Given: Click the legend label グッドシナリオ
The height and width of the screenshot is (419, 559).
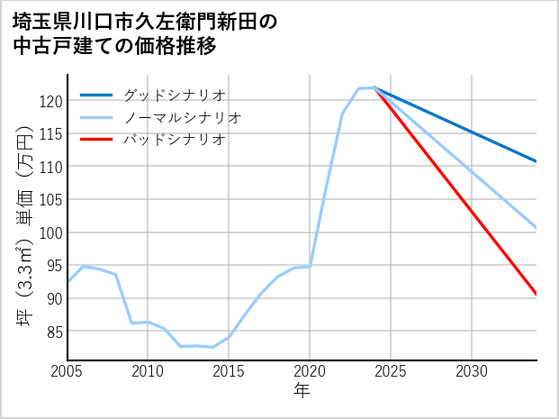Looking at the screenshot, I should click(174, 95).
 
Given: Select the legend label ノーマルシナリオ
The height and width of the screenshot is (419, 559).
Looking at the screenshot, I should click(182, 117).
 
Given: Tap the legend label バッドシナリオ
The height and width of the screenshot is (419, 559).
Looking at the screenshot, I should click(174, 140).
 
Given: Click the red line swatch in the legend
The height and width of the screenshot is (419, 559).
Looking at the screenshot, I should click(96, 140).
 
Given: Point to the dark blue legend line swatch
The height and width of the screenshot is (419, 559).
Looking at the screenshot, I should click(96, 95).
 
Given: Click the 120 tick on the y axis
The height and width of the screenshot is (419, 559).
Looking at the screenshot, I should click(51, 101).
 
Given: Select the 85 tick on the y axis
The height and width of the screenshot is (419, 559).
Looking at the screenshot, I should click(54, 332).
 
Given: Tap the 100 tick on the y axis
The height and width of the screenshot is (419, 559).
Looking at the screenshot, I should click(51, 232).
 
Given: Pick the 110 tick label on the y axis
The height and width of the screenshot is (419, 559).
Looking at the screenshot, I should click(51, 167).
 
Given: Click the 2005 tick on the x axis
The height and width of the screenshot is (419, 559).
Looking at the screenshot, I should click(68, 371).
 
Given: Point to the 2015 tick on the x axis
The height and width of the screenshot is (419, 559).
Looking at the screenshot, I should click(229, 371).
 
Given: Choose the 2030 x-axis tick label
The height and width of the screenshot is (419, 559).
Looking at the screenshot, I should click(472, 371).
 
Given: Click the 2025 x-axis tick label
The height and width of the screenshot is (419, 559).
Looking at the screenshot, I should click(391, 371).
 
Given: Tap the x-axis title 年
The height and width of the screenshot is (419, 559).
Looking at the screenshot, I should click(302, 392).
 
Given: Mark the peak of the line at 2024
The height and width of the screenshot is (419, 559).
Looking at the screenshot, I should click(374, 87).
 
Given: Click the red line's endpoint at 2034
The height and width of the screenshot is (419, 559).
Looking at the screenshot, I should click(536, 294).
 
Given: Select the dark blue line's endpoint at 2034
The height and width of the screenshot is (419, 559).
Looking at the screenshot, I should click(536, 161).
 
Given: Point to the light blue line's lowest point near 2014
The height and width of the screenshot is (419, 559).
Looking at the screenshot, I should click(212, 347).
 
